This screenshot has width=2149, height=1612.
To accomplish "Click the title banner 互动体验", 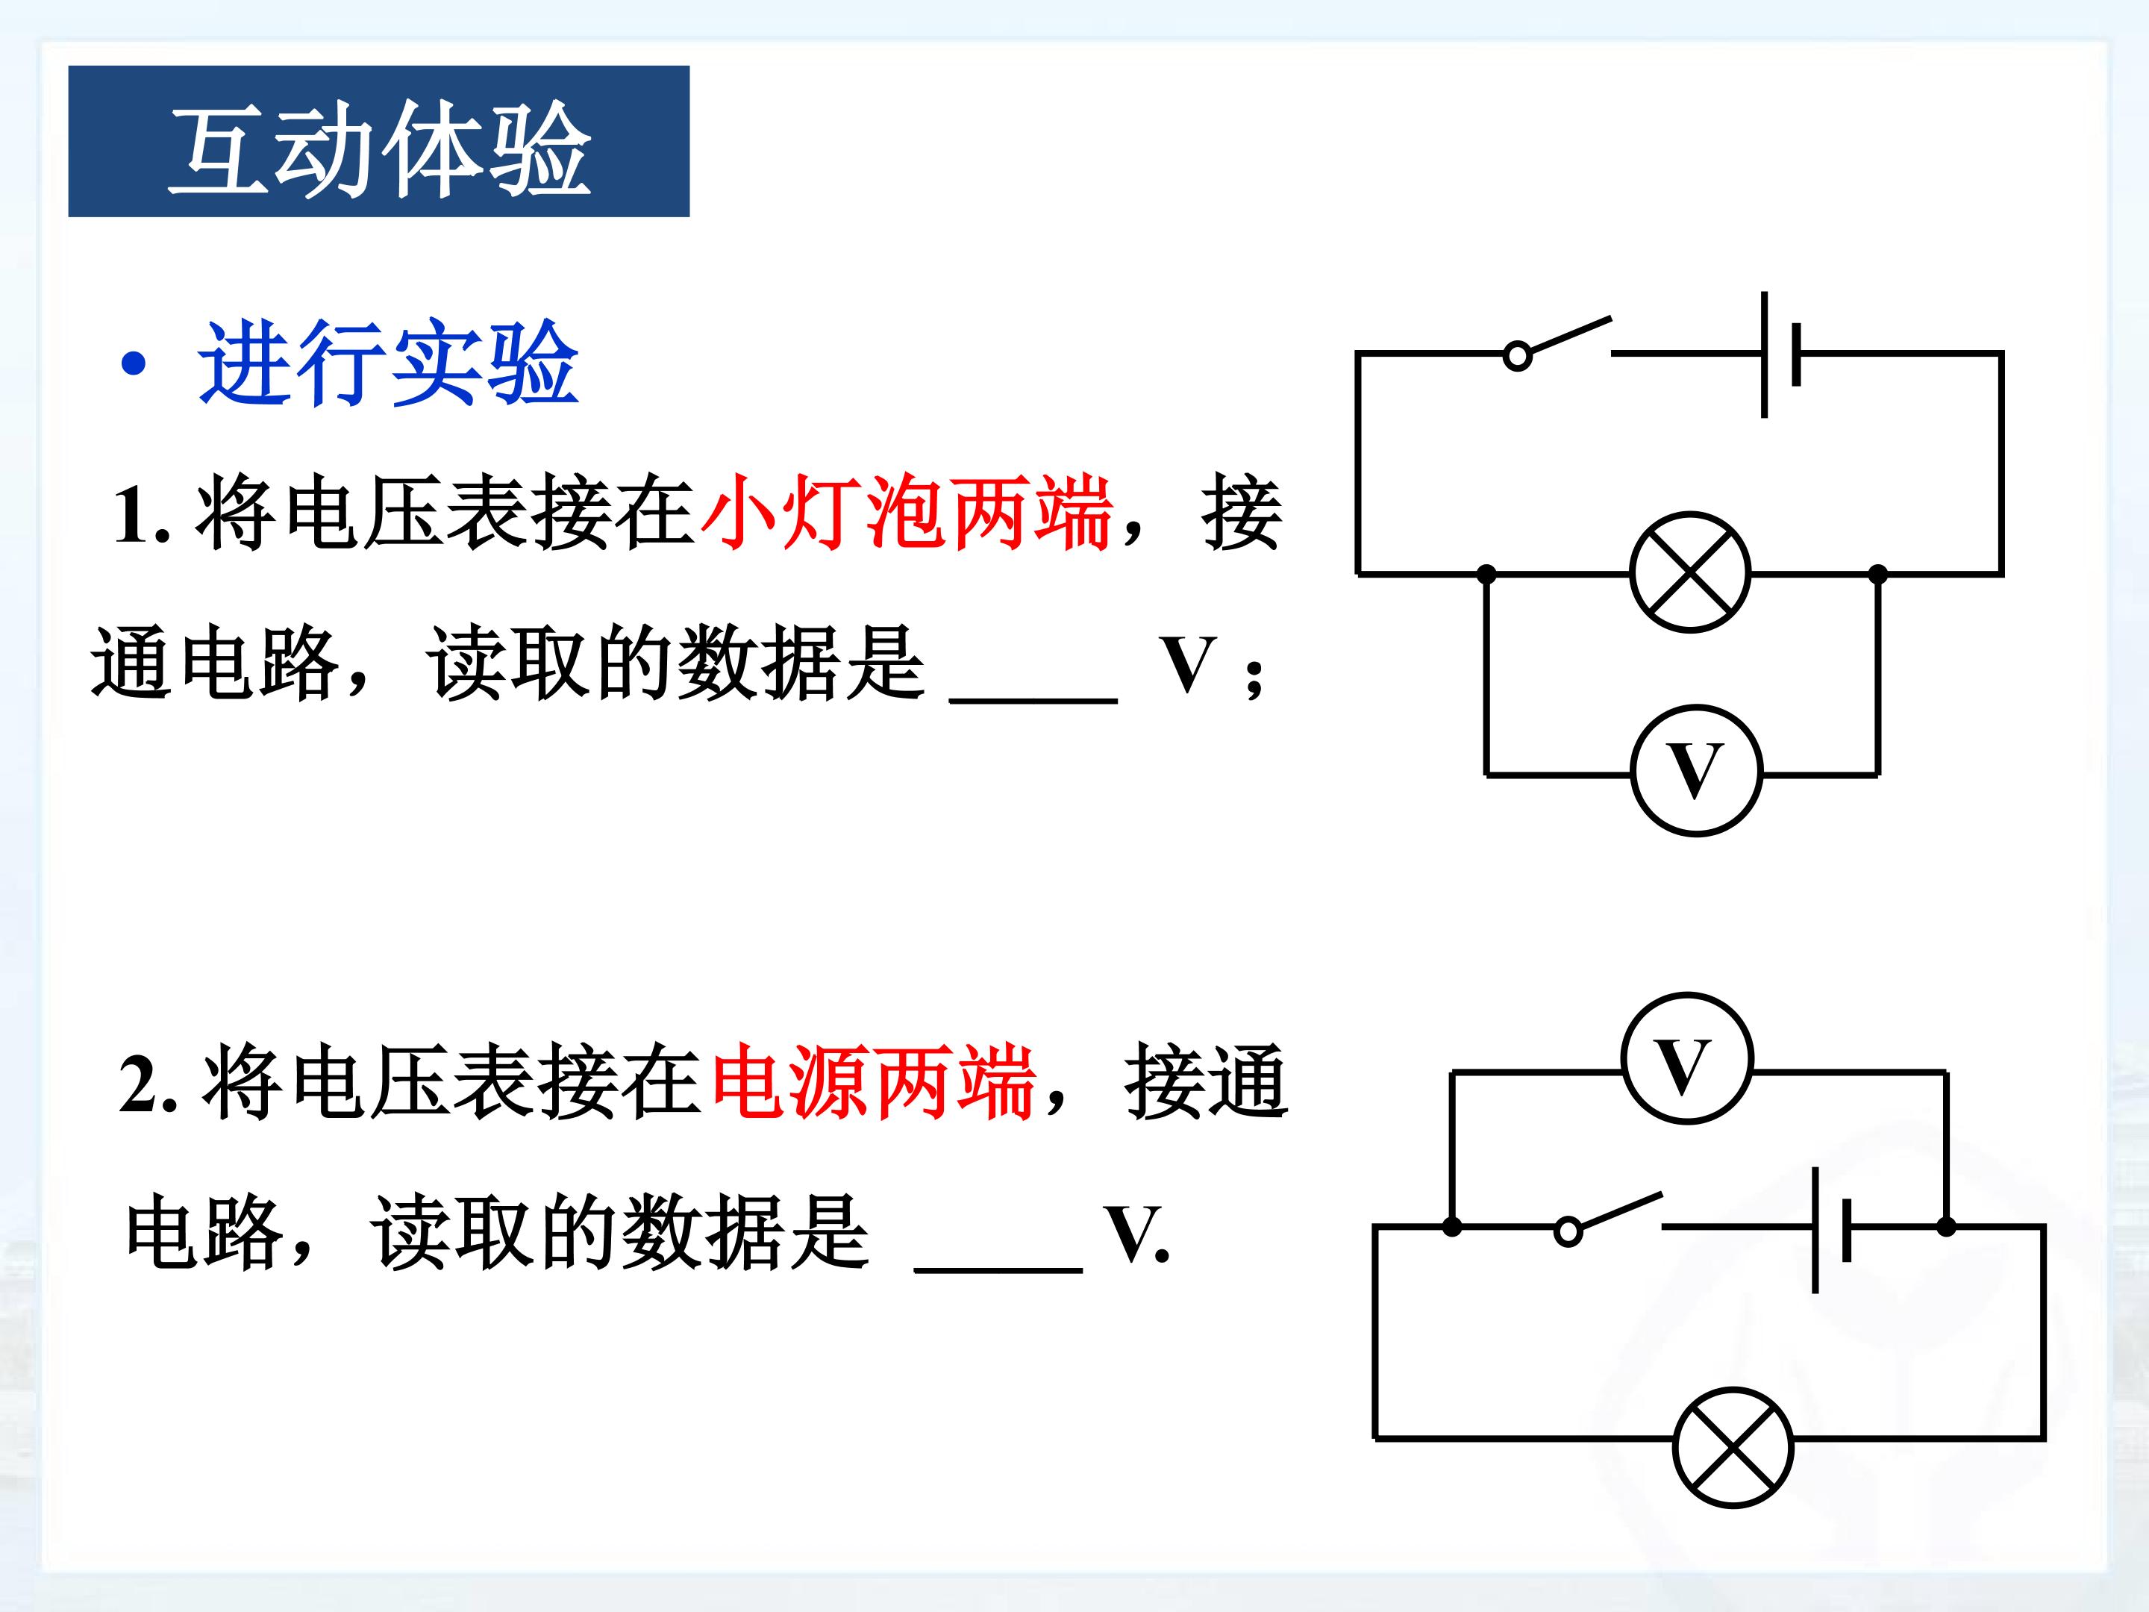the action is pyautogui.click(x=379, y=141).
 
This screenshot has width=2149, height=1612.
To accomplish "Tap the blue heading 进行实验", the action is pyautogui.click(x=389, y=363).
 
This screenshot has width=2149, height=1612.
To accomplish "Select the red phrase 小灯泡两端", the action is pyautogui.click(x=905, y=512).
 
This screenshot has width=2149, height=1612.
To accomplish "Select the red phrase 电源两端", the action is pyautogui.click(x=872, y=1081).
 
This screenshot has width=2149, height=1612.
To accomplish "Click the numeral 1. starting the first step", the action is pyautogui.click(x=142, y=515).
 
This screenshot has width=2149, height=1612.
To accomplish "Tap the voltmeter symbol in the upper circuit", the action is pyautogui.click(x=1695, y=770).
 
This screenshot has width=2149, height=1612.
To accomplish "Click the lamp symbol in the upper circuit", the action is pyautogui.click(x=1690, y=572).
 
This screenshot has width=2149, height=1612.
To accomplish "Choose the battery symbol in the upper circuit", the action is pyautogui.click(x=1782, y=354).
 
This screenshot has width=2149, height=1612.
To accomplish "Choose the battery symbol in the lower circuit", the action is pyautogui.click(x=1831, y=1230).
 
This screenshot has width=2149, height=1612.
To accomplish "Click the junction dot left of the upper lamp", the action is pyautogui.click(x=1486, y=574).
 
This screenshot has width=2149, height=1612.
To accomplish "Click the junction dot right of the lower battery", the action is pyautogui.click(x=1946, y=1227).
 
